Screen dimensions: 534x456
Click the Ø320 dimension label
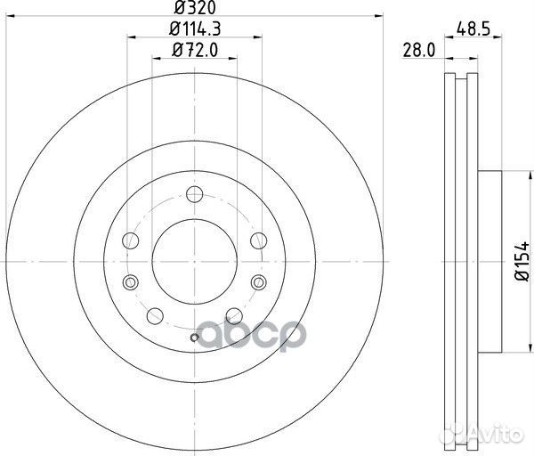click(x=195, y=7)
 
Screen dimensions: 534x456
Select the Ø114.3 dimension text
click(x=195, y=29)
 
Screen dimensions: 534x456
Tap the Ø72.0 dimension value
click(x=195, y=50)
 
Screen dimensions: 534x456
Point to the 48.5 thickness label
click(x=473, y=29)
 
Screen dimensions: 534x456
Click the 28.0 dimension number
click(x=419, y=51)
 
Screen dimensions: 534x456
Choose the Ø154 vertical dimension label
click(x=522, y=261)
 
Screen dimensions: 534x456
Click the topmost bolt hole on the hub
click(x=195, y=194)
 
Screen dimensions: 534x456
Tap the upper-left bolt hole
click(x=131, y=240)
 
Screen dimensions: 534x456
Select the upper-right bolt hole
click(x=259, y=240)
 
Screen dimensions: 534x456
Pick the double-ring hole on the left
click(x=131, y=282)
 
